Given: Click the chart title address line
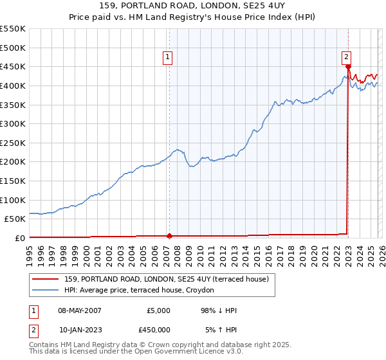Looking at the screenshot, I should point(193,6).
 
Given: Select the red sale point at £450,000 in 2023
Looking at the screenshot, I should point(348,66).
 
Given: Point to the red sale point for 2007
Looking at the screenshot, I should point(169,235).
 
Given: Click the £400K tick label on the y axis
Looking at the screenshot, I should point(13,85).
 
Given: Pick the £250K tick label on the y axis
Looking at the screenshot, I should point(13,143).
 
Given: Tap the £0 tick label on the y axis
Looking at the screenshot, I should point(19,238).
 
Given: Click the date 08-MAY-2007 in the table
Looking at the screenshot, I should point(75,310).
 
